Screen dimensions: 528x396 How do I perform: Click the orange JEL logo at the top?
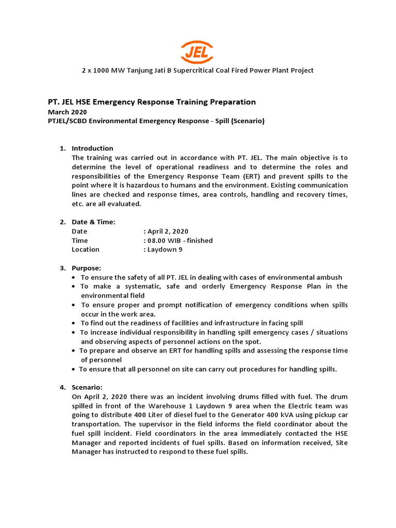coord(197,52)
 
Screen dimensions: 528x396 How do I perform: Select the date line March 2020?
coord(68,112)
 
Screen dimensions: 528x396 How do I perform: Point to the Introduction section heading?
coord(92,148)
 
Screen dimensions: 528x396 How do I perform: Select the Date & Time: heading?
coord(93,222)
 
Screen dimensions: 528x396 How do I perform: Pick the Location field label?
coord(86,250)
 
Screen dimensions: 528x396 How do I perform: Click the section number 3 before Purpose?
coord(62,268)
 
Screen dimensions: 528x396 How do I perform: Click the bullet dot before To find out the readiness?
coord(75,323)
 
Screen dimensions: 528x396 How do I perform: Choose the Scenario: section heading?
coord(87,387)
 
